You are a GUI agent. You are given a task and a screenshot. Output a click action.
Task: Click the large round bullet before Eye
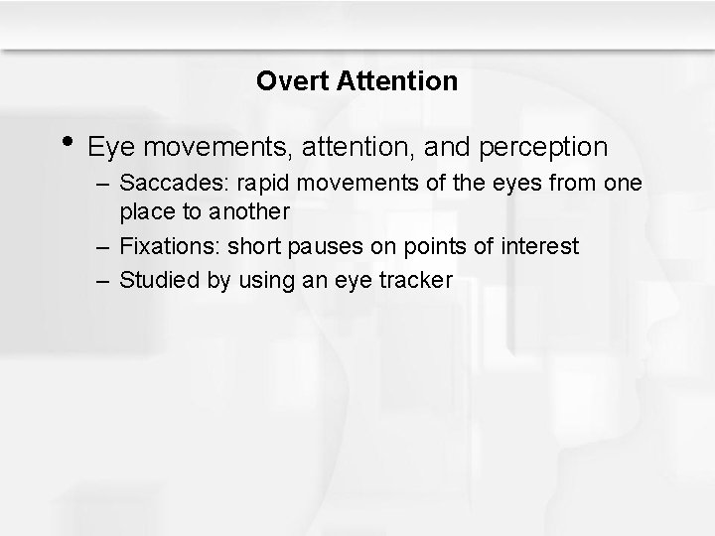(68, 142)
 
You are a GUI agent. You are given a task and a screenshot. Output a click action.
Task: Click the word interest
(542, 245)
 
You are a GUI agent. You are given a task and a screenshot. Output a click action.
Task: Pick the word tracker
(419, 280)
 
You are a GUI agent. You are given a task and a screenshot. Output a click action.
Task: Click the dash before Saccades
(105, 186)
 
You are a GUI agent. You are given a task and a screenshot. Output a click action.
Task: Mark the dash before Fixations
(105, 246)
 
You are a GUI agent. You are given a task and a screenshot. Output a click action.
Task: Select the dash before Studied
(105, 281)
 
